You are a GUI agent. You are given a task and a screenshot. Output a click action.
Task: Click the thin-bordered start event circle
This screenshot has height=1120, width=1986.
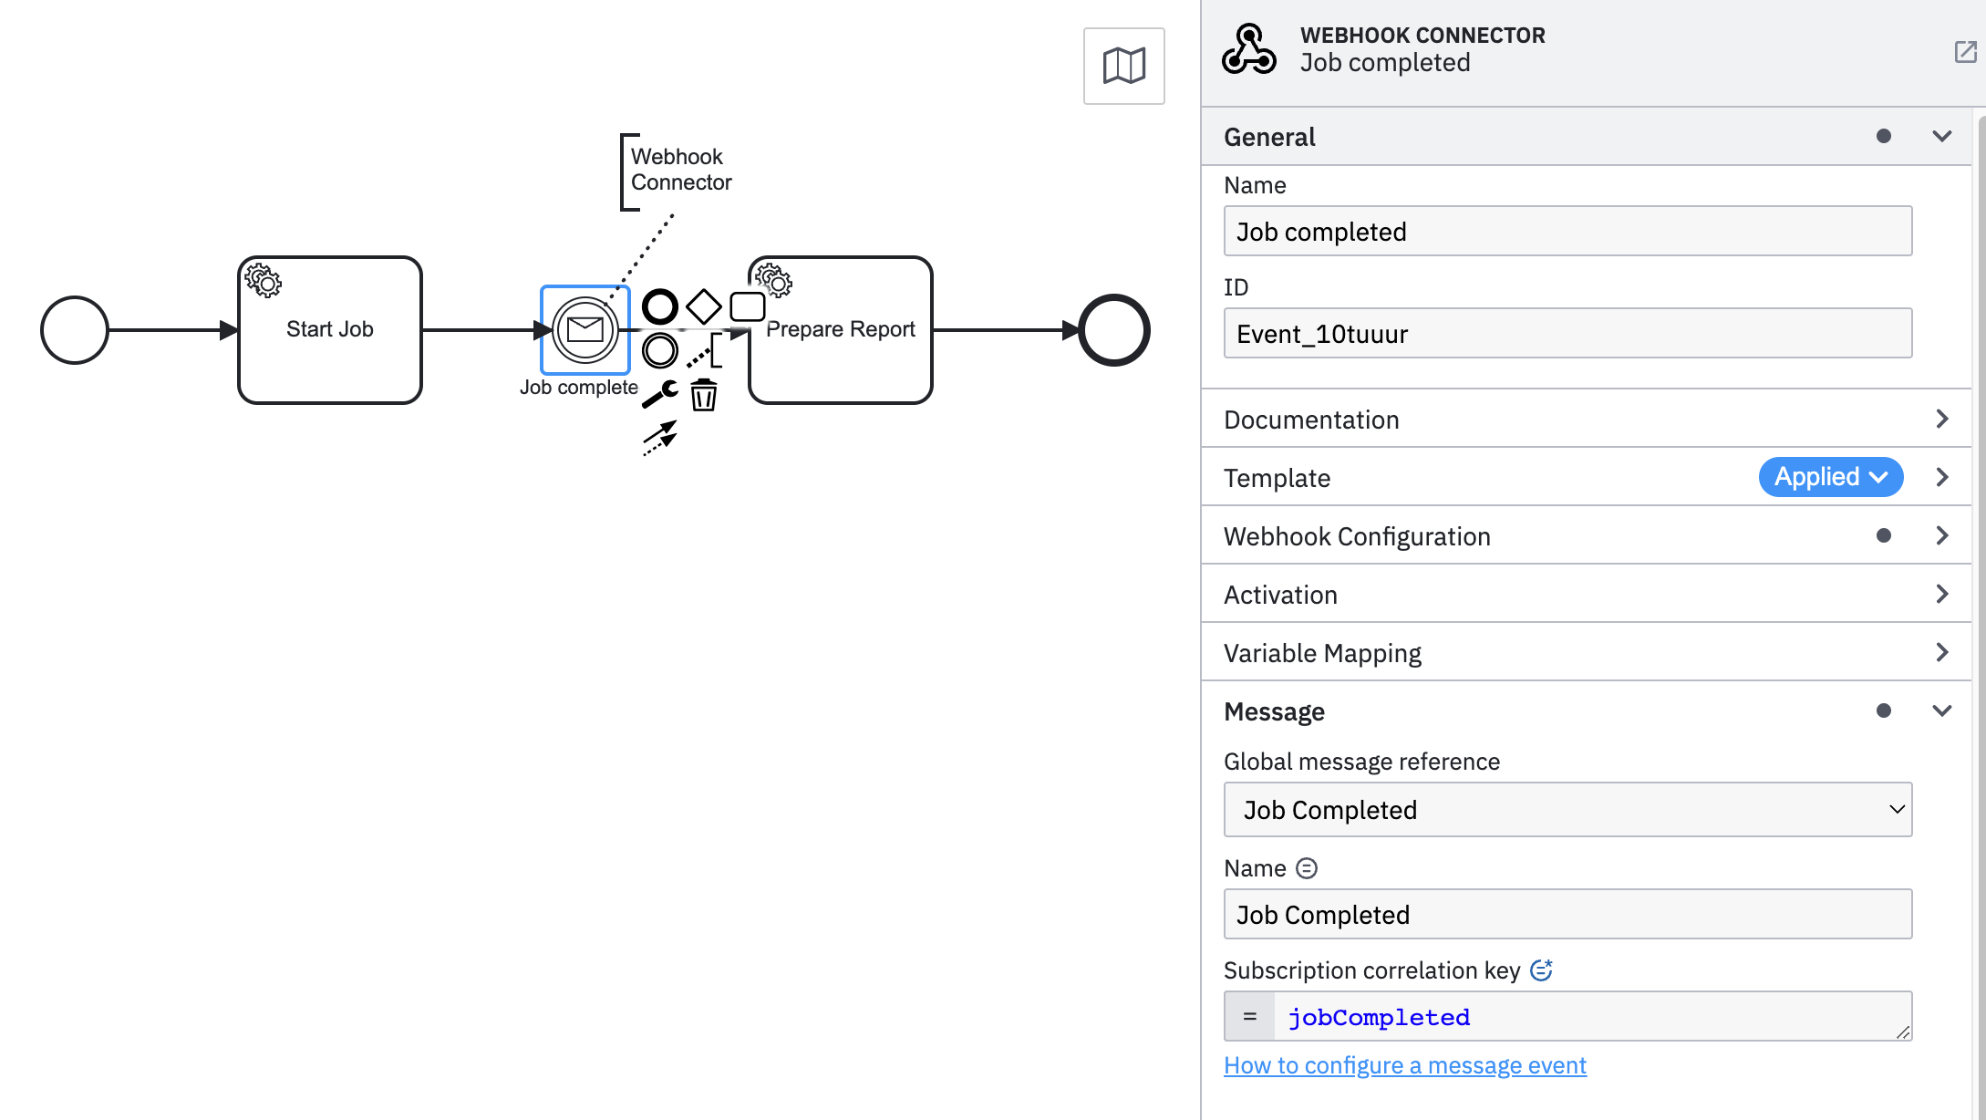[75, 330]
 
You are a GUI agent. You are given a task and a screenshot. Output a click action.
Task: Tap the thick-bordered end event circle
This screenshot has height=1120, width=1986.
[1113, 330]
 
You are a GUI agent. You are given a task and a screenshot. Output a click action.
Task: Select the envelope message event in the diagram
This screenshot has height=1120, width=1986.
[584, 329]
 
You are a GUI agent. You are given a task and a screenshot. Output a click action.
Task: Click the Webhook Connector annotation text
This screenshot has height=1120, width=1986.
[680, 170]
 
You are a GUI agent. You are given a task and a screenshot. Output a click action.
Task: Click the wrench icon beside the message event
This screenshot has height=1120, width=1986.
[660, 393]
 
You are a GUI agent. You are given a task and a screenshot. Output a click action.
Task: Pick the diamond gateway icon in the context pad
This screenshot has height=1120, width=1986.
[703, 306]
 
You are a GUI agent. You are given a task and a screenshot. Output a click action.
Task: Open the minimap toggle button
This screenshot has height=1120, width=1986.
[1123, 66]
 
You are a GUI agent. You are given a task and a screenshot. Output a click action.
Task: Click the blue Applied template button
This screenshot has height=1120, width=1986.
[1830, 477]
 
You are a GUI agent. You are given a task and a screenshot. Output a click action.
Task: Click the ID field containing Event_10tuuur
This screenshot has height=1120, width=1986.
[1567, 334]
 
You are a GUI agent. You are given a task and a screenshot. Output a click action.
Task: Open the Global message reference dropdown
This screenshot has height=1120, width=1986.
[1567, 810]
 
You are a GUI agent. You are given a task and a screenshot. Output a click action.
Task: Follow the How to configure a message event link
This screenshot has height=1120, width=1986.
[1404, 1065]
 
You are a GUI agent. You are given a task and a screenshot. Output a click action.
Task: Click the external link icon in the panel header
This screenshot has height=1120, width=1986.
[1965, 52]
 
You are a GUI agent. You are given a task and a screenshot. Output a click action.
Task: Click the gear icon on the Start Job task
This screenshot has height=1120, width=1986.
[264, 281]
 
